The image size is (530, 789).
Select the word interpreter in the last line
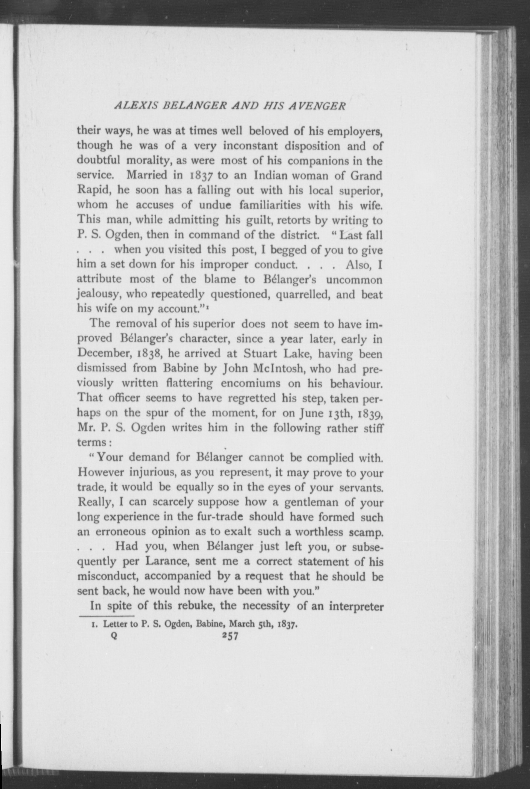[352, 606]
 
